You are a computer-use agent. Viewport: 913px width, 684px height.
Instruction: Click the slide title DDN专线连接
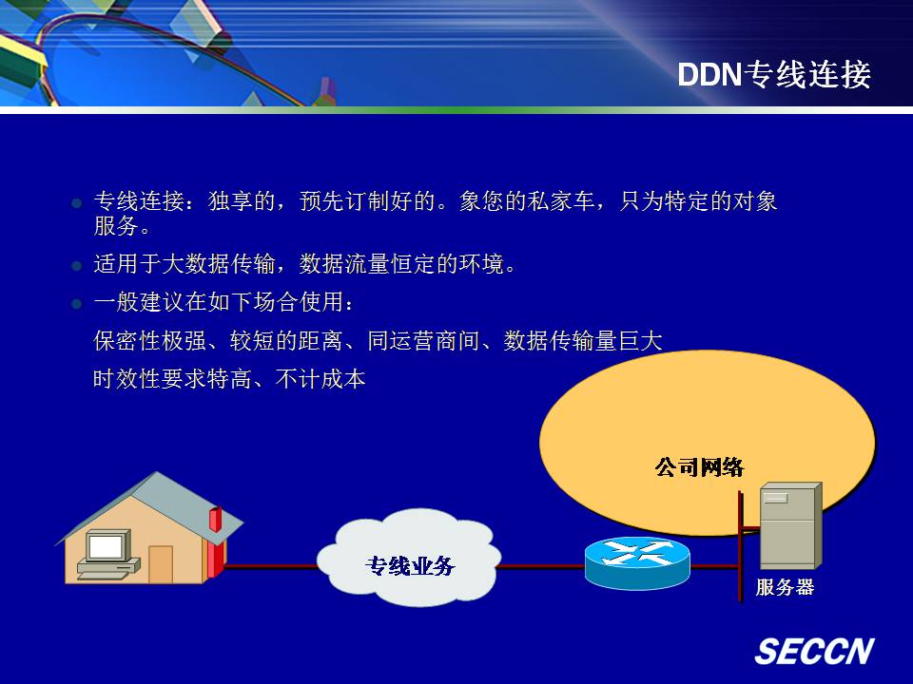[x=774, y=74]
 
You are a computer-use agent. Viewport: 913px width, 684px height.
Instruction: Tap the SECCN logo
[x=814, y=651]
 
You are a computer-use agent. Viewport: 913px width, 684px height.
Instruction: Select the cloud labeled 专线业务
[x=409, y=558]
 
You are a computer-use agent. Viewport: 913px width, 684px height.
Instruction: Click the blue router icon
[x=637, y=562]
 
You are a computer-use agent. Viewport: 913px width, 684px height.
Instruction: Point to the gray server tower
[x=790, y=525]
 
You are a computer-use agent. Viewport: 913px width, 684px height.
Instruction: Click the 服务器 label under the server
[x=785, y=587]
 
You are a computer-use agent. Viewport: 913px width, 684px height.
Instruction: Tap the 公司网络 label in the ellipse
[x=699, y=466]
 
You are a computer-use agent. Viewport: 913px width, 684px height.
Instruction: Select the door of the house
[x=161, y=563]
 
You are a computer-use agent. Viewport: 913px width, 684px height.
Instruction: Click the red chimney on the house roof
[x=215, y=519]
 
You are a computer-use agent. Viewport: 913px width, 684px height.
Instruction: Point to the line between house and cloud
[x=272, y=565]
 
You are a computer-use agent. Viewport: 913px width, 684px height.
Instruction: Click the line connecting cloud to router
[x=542, y=565]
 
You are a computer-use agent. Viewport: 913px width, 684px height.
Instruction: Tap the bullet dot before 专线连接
[x=76, y=203]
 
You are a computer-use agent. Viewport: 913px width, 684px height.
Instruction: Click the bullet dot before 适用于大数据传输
[x=76, y=266]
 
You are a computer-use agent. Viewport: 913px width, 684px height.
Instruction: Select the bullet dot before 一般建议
[x=76, y=304]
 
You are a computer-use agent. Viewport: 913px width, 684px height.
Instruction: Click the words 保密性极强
[x=149, y=341]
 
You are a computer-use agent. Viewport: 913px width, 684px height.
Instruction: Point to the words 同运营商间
[x=423, y=341]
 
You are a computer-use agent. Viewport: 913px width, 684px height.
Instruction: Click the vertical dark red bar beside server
[x=741, y=547]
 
